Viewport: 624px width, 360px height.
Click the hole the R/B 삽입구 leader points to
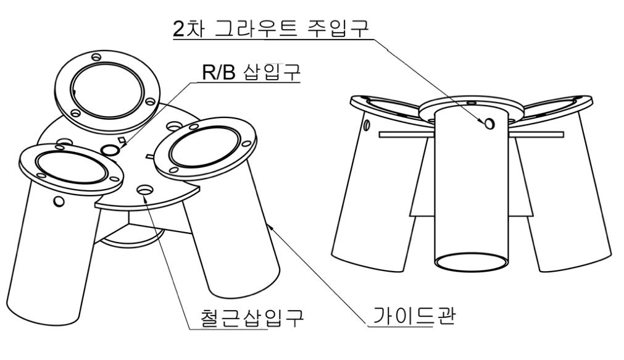click(x=111, y=149)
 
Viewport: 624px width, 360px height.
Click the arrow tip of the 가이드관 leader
click(x=270, y=226)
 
